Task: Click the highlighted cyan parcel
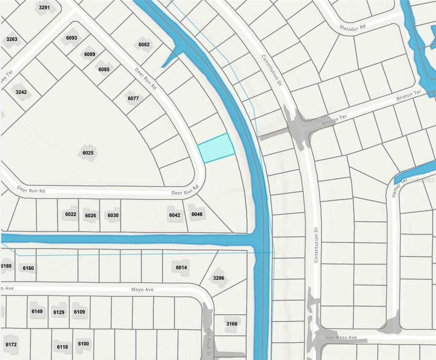[216, 148]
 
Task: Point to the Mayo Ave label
[142, 290]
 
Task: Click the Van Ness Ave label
[341, 338]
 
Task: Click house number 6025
[88, 153]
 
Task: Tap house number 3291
[44, 8]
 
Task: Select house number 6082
[144, 44]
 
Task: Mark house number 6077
[133, 98]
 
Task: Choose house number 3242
[21, 92]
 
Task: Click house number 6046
[197, 214]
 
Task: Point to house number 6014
[181, 268]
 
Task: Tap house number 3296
[219, 278]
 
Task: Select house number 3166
[232, 324]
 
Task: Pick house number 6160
[28, 268]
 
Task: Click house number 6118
[62, 347]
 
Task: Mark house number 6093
[72, 38]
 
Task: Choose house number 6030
[113, 215]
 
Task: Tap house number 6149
[37, 311]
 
